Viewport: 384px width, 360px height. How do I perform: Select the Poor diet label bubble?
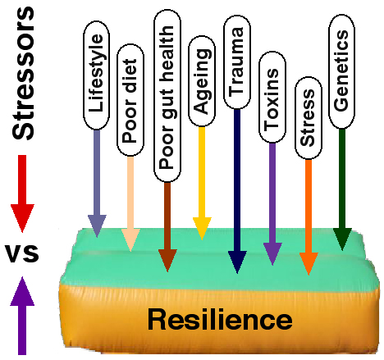[x=130, y=119]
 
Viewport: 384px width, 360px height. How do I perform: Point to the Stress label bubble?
[x=308, y=116]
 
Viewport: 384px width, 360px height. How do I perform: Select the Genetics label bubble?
[x=342, y=76]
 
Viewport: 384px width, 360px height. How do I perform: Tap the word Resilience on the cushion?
[x=220, y=318]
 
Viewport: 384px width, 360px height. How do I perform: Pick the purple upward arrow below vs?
[x=24, y=303]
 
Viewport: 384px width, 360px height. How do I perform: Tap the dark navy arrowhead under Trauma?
[x=237, y=262]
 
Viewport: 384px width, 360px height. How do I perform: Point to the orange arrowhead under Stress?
[x=308, y=263]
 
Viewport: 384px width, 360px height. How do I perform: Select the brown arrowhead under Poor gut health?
[x=167, y=259]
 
